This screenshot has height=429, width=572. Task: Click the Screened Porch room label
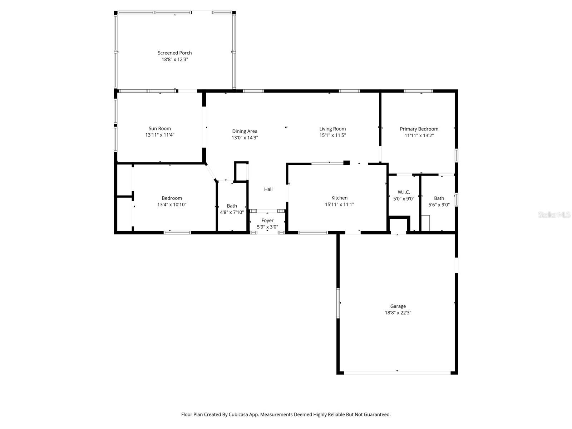pyautogui.click(x=175, y=53)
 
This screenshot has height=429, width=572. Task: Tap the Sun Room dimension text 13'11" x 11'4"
pyautogui.click(x=160, y=135)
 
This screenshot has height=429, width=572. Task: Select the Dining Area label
pyautogui.click(x=245, y=131)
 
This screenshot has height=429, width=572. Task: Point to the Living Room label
pyautogui.click(x=332, y=129)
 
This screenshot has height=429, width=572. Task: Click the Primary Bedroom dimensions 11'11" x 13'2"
pyautogui.click(x=419, y=135)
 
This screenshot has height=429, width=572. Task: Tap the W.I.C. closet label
pyautogui.click(x=404, y=192)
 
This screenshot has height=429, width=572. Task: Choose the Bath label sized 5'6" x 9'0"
pyautogui.click(x=439, y=198)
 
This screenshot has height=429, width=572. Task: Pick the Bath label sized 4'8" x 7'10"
pyautogui.click(x=232, y=206)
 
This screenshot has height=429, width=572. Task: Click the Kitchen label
pyautogui.click(x=339, y=198)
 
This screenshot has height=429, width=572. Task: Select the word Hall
pyautogui.click(x=268, y=189)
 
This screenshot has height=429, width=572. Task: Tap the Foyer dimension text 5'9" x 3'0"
pyautogui.click(x=267, y=227)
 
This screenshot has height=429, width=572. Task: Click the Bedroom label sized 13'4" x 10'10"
pyautogui.click(x=172, y=198)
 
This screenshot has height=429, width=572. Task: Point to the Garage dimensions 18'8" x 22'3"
pyautogui.click(x=398, y=312)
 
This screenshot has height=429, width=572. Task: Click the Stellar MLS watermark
pyautogui.click(x=554, y=215)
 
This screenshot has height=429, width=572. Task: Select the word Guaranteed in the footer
pyautogui.click(x=377, y=415)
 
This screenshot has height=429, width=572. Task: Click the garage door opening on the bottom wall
pyautogui.click(x=397, y=373)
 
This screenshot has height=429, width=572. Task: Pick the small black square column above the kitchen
pyautogui.click(x=346, y=163)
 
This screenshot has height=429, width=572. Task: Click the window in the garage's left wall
pyautogui.click(x=338, y=303)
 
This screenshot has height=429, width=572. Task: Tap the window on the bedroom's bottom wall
pyautogui.click(x=177, y=233)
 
